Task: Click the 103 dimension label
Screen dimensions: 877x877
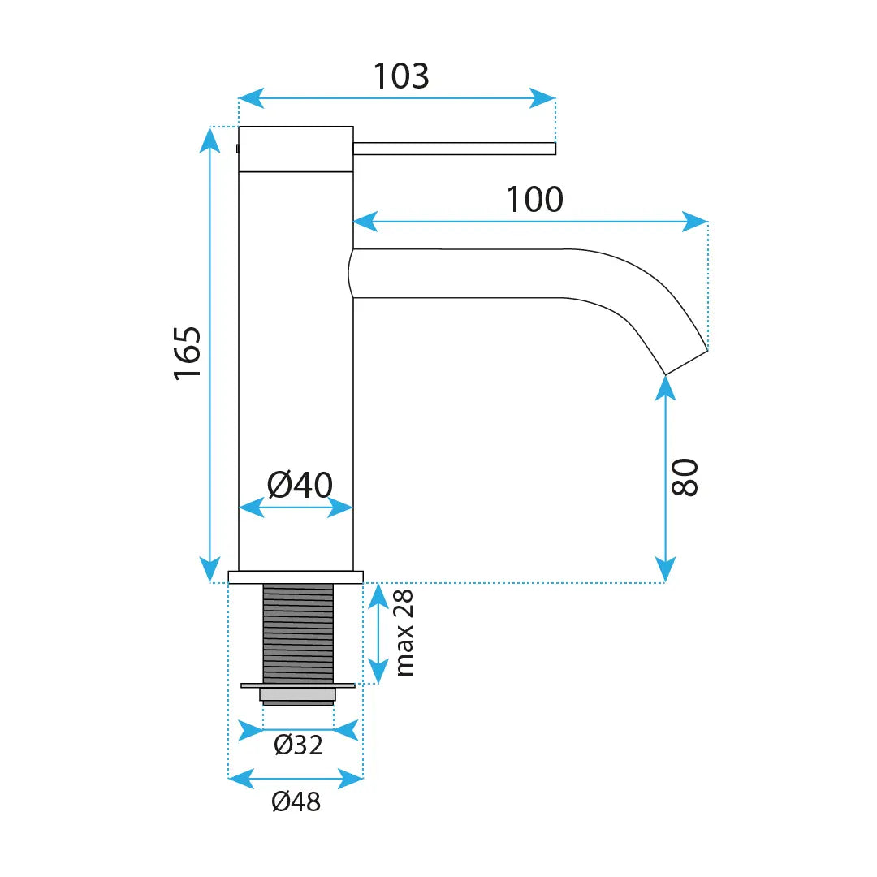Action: click(x=401, y=76)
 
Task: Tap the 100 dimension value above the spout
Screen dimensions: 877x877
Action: click(x=534, y=199)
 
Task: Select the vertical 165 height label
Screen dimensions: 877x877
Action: click(x=188, y=353)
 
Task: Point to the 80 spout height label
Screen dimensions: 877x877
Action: click(x=685, y=477)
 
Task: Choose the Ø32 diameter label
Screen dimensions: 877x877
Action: click(x=298, y=745)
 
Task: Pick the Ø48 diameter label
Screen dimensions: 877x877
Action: click(x=296, y=801)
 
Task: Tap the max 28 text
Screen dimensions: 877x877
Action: click(x=404, y=633)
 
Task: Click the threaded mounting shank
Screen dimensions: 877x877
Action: click(x=298, y=633)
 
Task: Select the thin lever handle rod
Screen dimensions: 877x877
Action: click(x=455, y=149)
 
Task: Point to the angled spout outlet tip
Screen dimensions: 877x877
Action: click(x=687, y=362)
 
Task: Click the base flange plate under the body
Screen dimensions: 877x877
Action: click(x=296, y=577)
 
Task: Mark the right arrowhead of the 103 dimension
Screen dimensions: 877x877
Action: click(x=542, y=98)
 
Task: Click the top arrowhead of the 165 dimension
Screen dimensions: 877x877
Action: click(x=210, y=140)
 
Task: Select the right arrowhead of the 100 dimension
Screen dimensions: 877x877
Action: click(x=695, y=222)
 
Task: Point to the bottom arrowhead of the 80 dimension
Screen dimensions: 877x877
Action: click(x=666, y=569)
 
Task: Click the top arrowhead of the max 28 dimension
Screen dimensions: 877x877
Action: click(x=378, y=597)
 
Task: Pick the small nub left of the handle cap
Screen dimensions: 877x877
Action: click(x=238, y=149)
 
